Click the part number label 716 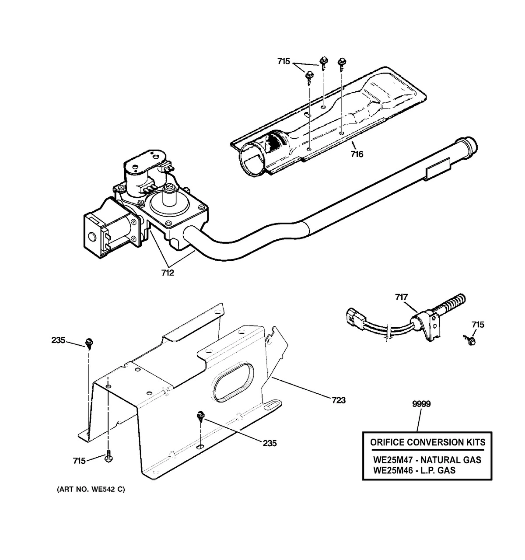(357, 154)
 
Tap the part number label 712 (168, 273)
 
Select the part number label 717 (401, 297)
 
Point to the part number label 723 (339, 400)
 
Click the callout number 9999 (421, 404)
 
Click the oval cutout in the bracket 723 (233, 381)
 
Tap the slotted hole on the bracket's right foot (272, 405)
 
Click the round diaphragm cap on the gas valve (169, 205)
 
